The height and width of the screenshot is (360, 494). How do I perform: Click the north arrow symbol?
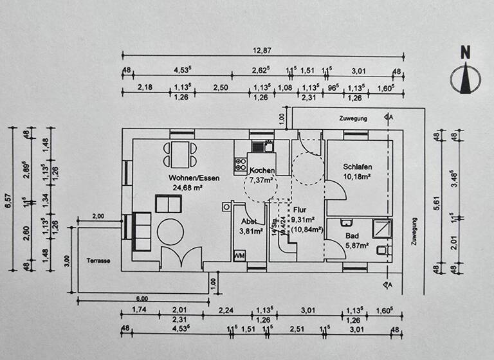coord(467,73)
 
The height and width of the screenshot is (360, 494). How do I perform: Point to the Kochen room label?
coord(262,170)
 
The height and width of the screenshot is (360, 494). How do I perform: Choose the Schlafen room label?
coord(358,166)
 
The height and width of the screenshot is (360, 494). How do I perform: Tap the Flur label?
coord(299,210)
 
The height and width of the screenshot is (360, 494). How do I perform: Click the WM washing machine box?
coord(239,256)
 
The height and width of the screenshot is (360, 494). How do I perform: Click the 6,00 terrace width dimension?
coord(142,298)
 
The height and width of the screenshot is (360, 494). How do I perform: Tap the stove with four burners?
coord(241,164)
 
